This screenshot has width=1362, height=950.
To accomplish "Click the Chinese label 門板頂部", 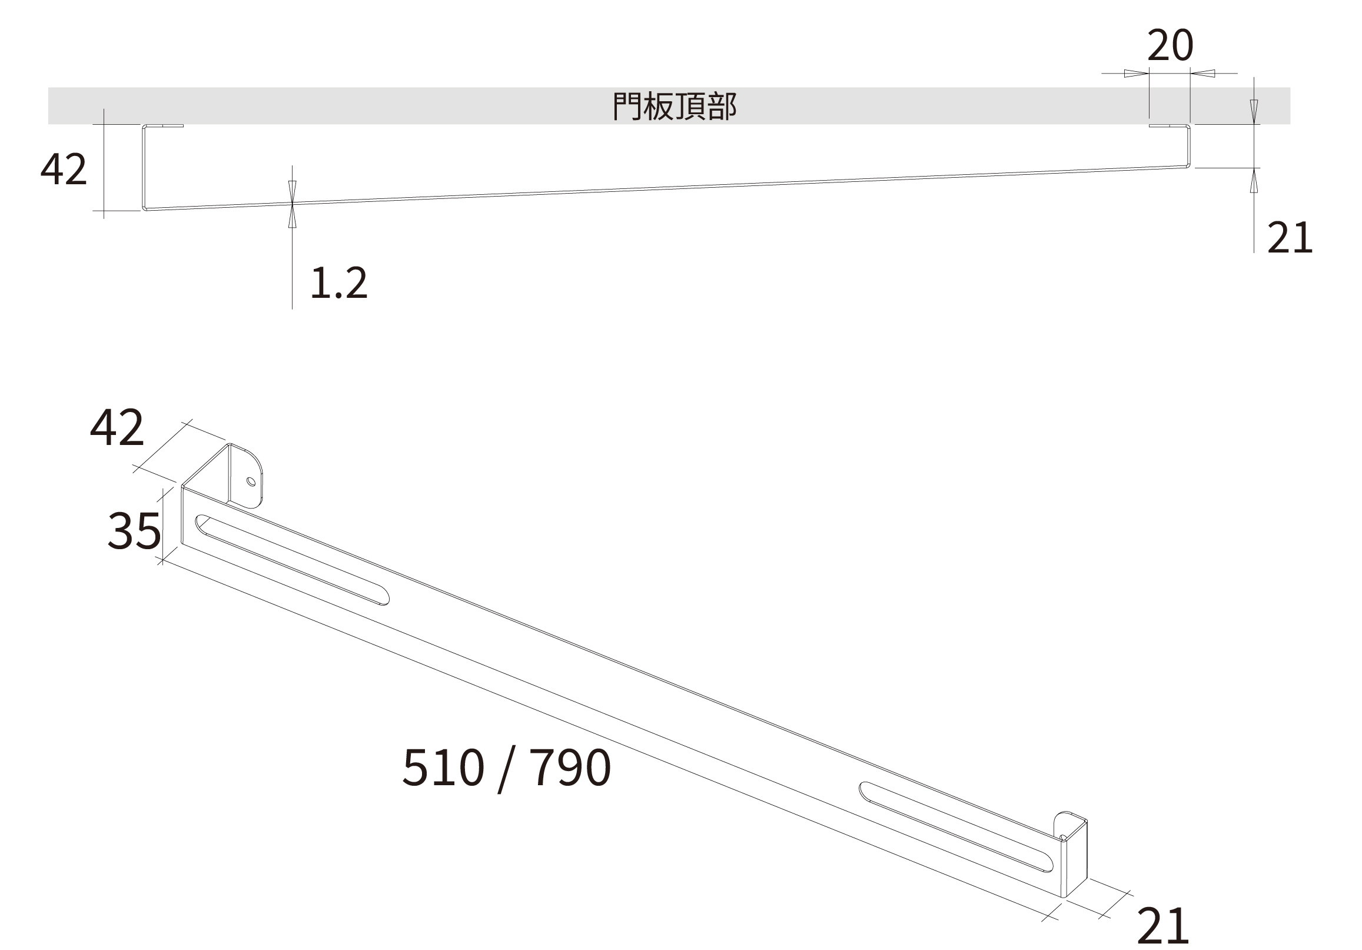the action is coord(675,107).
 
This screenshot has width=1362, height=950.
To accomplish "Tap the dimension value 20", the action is coord(1170,46).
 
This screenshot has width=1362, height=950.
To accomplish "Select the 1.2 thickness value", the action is coord(338,283).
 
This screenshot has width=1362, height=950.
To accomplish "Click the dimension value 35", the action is coord(134,530).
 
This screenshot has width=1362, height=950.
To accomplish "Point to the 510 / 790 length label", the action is coord(506,769).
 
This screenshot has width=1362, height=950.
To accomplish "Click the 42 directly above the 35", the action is coord(117,427).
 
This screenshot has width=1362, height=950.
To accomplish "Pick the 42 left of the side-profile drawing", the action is coord(64,169).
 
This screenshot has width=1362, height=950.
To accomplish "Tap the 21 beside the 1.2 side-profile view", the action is coord(1290,238).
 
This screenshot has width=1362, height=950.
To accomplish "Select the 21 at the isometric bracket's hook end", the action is coord(1162,926).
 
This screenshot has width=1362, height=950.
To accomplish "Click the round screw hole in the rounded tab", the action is coord(251,481).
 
